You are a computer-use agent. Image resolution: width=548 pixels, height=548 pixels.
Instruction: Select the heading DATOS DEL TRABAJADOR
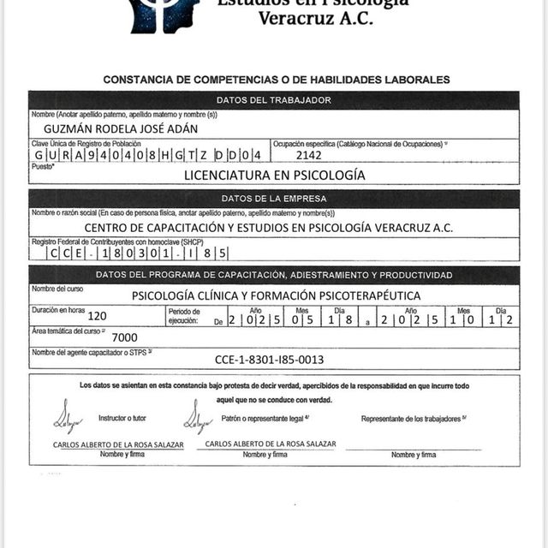[273, 100]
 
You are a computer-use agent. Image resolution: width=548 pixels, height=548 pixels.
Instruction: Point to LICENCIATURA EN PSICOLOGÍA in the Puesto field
[274, 175]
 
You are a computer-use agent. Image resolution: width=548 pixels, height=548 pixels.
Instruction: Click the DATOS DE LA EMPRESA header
[273, 199]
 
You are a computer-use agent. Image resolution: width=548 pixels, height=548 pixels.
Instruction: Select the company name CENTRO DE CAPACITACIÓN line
[268, 228]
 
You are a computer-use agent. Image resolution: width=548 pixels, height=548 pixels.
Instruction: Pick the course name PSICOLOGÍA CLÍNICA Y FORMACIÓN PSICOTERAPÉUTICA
[276, 295]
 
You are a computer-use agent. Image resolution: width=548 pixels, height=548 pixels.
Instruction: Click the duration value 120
[97, 315]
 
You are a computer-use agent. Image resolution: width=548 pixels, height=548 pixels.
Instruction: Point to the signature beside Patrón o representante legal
[196, 417]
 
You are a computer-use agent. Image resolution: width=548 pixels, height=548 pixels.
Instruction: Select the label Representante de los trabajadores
[414, 419]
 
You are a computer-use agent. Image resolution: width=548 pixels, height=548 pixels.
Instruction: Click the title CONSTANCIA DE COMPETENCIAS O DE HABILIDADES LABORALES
[276, 80]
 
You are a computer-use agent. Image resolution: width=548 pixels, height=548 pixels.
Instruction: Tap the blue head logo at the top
[164, 12]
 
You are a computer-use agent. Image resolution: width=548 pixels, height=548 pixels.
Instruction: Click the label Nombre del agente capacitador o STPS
[91, 352]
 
